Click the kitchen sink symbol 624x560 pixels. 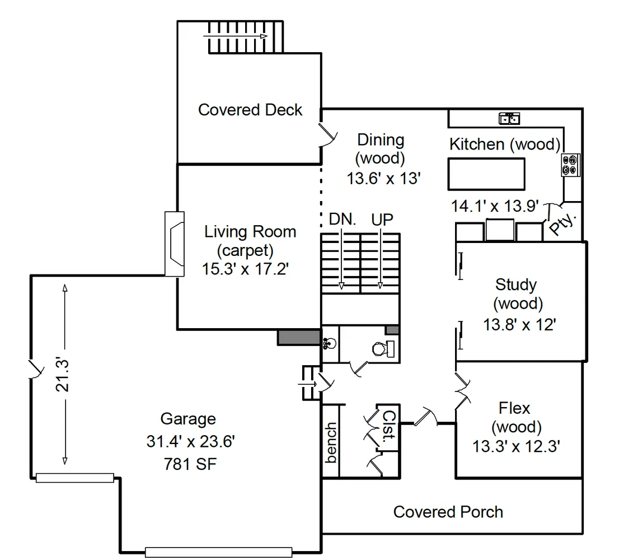coord(510,118)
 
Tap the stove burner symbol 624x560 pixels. coord(571,165)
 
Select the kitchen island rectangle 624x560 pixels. coord(486,174)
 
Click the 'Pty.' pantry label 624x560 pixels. coord(563,225)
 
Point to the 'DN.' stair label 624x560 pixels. coord(343,220)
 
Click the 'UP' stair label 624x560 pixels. coord(382,220)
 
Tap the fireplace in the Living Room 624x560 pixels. coord(175,244)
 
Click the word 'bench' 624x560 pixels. coord(331,442)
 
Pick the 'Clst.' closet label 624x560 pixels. coord(388,427)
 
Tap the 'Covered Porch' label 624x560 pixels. coord(448,512)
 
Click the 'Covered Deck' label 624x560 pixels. coord(250,110)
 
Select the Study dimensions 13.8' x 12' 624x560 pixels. coord(519,324)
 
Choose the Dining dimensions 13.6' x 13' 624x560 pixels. coord(383,178)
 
